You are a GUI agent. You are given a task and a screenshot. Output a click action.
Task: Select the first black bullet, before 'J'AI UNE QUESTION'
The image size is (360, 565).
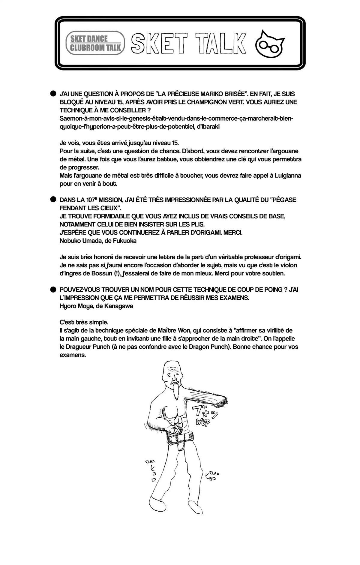[53, 94]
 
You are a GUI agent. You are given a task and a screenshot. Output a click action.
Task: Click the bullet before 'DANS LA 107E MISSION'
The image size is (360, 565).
[53, 200]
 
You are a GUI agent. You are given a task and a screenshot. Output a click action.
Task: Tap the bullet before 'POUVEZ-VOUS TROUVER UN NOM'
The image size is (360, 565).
[53, 289]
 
